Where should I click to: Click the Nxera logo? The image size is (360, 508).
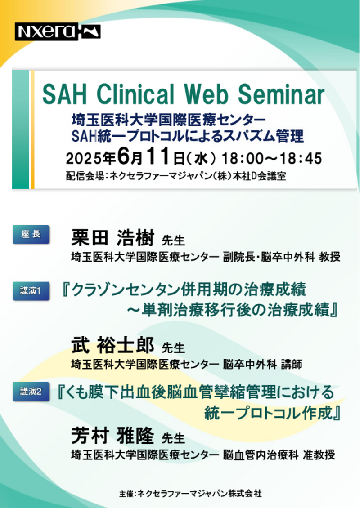pyautogui.click(x=58, y=32)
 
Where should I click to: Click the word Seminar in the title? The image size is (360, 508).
pyautogui.click(x=281, y=94)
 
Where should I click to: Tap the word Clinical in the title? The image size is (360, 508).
pyautogui.click(x=135, y=94)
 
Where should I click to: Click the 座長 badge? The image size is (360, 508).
pyautogui.click(x=31, y=234)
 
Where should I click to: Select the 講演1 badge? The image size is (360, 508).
pyautogui.click(x=31, y=291)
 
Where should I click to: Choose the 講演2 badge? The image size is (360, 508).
pyautogui.click(x=31, y=392)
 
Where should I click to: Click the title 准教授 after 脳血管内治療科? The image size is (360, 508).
pyautogui.click(x=319, y=455)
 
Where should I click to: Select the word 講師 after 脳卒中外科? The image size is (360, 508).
pyautogui.click(x=292, y=365)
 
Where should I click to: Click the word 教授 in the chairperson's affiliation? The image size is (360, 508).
pyautogui.click(x=329, y=257)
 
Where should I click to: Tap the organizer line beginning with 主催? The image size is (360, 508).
pyautogui.click(x=190, y=494)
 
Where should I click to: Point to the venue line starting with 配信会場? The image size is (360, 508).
pyautogui.click(x=176, y=176)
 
